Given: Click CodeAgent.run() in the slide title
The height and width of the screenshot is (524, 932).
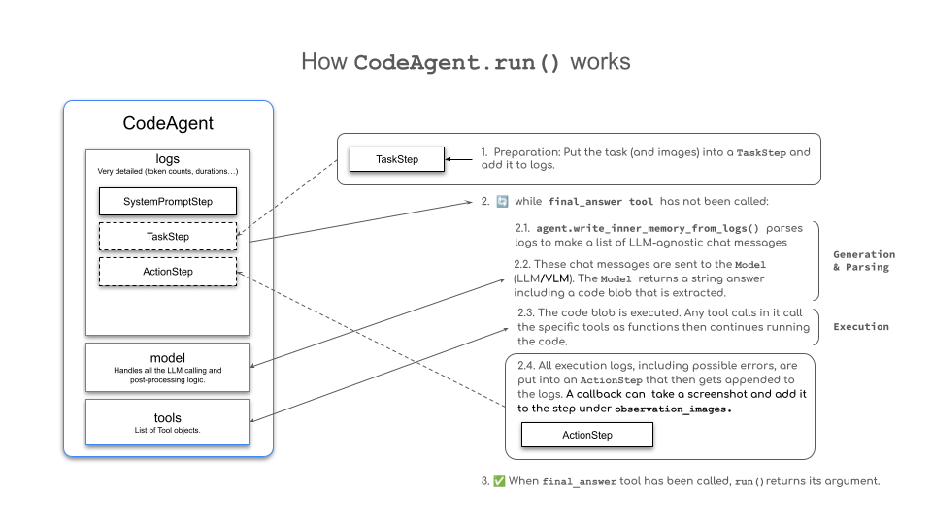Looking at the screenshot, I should pyautogui.click(x=457, y=63).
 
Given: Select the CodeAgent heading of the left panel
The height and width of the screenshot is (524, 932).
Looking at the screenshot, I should pyautogui.click(x=168, y=123).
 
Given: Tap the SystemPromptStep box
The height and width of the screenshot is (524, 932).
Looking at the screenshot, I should pyautogui.click(x=168, y=201).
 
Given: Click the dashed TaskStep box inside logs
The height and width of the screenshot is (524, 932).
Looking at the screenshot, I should pyautogui.click(x=168, y=236).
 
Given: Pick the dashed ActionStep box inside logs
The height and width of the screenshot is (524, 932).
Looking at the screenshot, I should pyautogui.click(x=168, y=272).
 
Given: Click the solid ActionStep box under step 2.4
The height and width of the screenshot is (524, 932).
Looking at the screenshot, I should pyautogui.click(x=587, y=434).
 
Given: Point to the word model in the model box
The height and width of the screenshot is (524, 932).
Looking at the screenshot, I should pyautogui.click(x=168, y=357).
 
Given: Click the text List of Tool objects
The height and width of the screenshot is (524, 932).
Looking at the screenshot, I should pyautogui.click(x=168, y=430).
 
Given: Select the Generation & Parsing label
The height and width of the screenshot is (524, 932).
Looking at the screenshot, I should pyautogui.click(x=864, y=261).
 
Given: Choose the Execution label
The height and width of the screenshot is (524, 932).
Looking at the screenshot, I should pyautogui.click(x=860, y=327).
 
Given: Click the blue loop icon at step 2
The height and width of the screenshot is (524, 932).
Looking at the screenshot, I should pyautogui.click(x=502, y=202).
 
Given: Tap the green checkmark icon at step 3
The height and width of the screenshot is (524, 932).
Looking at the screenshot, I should pyautogui.click(x=499, y=481).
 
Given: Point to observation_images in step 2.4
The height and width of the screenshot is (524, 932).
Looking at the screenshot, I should pyautogui.click(x=673, y=409).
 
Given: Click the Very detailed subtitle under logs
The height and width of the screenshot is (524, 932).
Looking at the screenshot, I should pyautogui.click(x=168, y=172).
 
